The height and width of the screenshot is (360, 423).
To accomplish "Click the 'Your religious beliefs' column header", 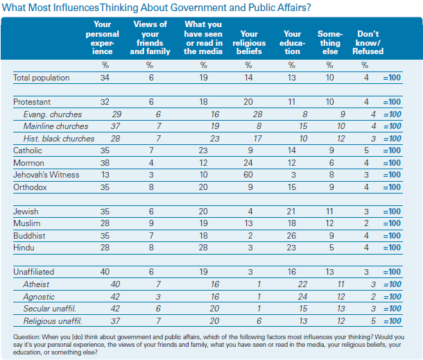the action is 249,42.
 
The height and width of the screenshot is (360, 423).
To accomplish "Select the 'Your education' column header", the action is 292,42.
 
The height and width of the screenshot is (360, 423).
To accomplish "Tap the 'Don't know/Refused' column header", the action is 368,42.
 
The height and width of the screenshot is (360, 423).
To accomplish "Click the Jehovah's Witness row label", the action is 46,175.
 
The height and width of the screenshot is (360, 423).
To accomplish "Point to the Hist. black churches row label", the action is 59,139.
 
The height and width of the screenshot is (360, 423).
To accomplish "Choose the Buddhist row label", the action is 29,236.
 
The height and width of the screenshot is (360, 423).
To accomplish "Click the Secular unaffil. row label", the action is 50,309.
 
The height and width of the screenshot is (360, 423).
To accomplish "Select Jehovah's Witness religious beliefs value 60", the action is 248,175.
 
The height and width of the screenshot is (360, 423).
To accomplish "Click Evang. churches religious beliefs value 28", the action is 257,114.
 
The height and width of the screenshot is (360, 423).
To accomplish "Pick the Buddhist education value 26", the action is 291,236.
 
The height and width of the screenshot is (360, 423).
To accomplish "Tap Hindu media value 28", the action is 203,248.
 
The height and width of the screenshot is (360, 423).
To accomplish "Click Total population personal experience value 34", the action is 105,78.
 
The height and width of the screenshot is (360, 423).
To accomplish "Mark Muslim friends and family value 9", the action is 151,223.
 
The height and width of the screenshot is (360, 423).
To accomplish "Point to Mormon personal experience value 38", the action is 105,163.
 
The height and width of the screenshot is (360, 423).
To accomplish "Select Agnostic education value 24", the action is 302,297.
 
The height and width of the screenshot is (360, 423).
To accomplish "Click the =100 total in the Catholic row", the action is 392,151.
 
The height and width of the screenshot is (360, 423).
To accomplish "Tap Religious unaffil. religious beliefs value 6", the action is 259,321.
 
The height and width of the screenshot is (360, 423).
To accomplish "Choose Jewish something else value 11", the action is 329,212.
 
